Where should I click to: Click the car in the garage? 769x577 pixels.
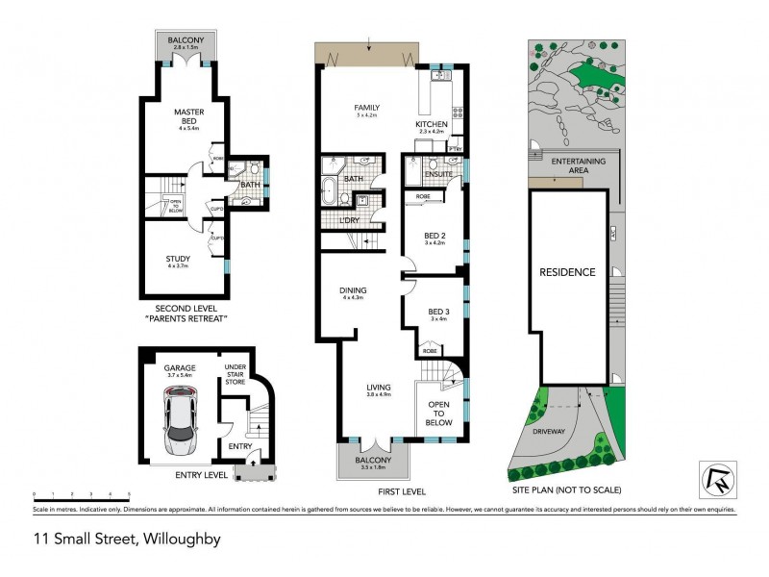180,420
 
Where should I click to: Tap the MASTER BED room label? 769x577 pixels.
188,113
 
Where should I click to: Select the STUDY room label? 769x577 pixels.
178,259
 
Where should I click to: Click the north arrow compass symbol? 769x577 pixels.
712,479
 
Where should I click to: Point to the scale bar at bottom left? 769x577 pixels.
81,492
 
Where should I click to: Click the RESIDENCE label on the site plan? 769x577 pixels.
567,272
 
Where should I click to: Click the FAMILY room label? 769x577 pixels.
367,108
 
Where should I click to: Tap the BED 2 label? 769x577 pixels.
435,236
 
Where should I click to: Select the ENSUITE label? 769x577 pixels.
433,175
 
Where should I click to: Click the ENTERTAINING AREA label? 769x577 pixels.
579,165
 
